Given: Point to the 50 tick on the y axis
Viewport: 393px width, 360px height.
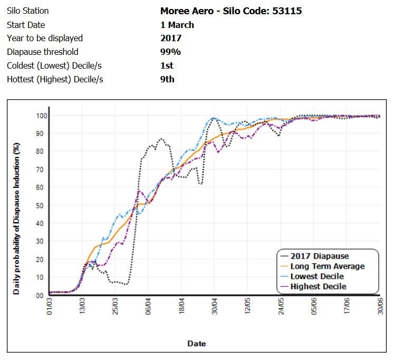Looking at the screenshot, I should point(40,205).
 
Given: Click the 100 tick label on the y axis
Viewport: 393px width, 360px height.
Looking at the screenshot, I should point(37,116).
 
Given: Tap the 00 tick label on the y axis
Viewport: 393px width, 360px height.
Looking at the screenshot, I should point(40,296).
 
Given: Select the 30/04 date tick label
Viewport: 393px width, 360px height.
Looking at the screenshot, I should point(214,308).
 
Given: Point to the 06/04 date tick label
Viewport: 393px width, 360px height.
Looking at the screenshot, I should point(148,308).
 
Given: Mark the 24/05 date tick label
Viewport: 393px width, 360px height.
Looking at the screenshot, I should point(281,308).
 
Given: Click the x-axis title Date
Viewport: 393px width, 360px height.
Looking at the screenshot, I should point(196,344).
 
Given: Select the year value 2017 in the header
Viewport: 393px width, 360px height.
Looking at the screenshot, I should point(170,38).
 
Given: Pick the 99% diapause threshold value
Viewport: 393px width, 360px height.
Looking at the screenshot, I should point(170,52).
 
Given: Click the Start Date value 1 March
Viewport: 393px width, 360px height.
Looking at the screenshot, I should point(177,25).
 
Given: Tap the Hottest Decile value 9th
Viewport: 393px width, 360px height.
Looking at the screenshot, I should point(167,79).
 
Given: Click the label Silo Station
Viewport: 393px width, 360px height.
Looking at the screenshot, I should point(27,11).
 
